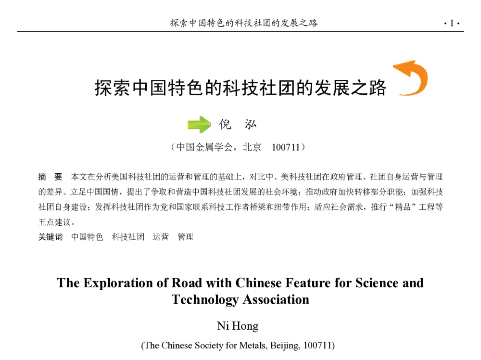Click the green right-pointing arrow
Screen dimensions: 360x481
[x=199, y=125]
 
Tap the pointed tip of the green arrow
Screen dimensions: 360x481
[x=211, y=125]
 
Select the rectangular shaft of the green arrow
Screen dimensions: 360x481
[x=194, y=125]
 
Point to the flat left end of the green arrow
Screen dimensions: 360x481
[x=188, y=125]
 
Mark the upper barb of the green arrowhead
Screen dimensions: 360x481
[x=202, y=118]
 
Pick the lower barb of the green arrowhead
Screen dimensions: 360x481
[x=202, y=132]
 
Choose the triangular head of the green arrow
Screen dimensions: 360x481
[x=205, y=125]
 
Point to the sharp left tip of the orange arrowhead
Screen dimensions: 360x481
[x=394, y=67]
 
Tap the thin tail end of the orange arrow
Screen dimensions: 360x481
[x=400, y=93]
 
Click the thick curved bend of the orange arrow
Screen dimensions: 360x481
[x=423, y=79]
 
